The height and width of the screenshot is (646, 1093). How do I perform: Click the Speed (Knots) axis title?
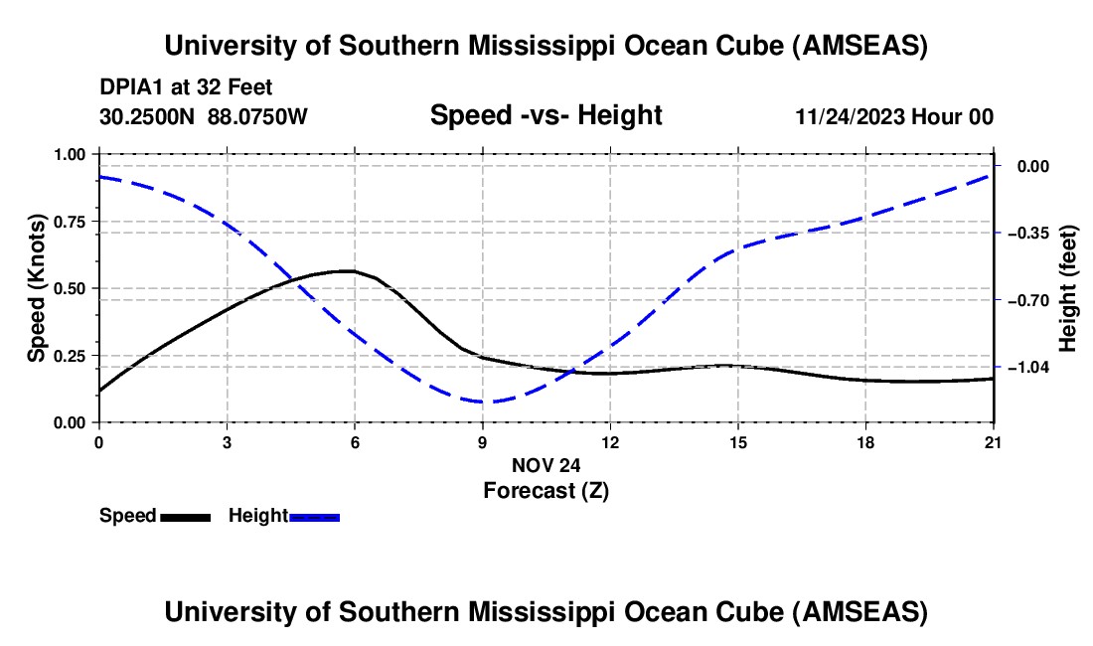point(37,288)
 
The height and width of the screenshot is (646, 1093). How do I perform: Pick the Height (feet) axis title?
point(1068,288)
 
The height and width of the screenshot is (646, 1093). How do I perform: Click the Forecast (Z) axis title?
point(546,490)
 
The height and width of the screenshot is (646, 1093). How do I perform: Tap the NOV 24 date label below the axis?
point(546,464)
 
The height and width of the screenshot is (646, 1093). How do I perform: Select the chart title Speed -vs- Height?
point(546,115)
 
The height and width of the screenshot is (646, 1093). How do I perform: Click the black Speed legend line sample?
point(185,516)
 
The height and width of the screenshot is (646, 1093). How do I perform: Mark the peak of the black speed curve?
point(348,270)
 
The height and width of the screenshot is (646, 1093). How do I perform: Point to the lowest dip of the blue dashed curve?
point(483,403)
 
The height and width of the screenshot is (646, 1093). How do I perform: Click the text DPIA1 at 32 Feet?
point(186,87)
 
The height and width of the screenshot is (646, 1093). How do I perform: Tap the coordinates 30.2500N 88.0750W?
point(204,116)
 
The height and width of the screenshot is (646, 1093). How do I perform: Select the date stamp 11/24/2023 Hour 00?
point(894,116)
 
